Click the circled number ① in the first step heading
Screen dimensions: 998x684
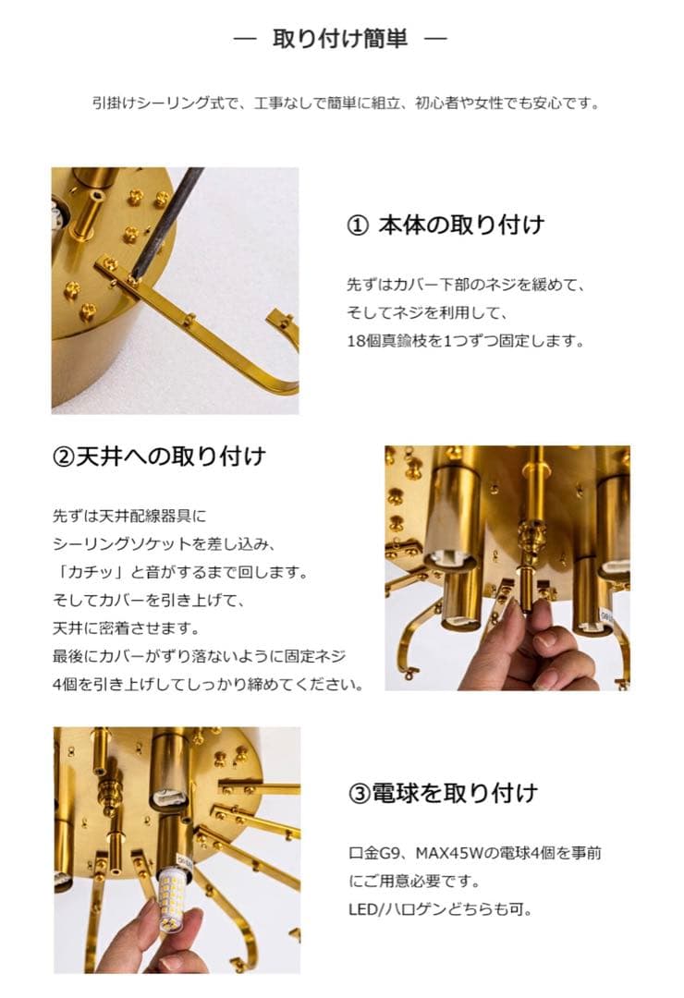(x=356, y=225)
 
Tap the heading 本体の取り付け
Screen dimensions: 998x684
(x=461, y=225)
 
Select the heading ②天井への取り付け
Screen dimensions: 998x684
(x=159, y=456)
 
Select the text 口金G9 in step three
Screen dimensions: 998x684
(x=374, y=853)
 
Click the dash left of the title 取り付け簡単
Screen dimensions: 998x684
(x=244, y=40)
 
